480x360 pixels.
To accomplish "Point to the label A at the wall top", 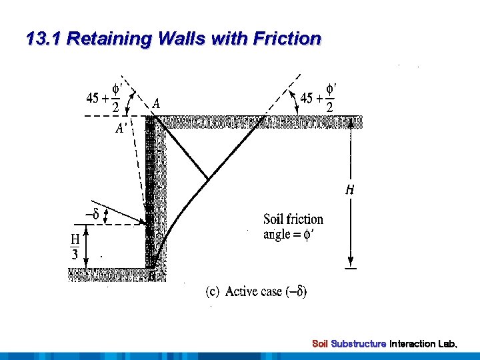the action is [x=156, y=103].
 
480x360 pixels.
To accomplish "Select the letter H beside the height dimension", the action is [x=350, y=191].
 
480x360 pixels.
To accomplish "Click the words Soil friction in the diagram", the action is [x=293, y=219].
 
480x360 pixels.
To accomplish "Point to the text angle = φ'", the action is [x=290, y=234].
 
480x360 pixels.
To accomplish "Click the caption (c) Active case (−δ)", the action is [x=256, y=291].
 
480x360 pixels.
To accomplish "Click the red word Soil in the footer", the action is [x=321, y=344].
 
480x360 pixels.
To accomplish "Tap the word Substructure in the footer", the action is [x=359, y=344].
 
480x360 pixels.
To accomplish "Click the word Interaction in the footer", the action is [x=414, y=344].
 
